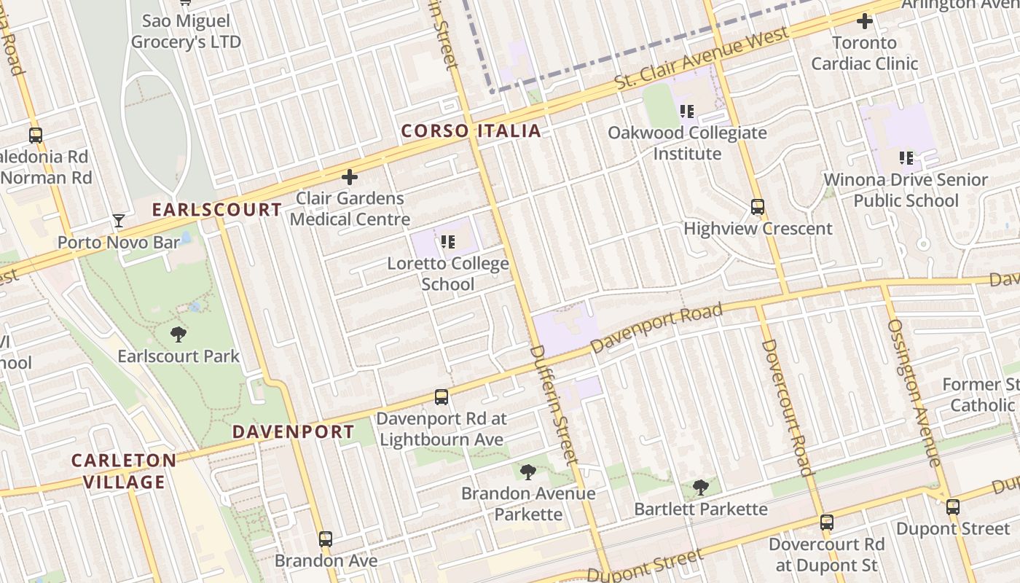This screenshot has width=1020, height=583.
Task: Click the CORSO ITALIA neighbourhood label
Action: tap(471, 131)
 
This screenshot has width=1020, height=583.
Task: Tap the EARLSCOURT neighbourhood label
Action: tap(216, 210)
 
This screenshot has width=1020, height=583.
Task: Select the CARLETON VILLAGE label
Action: tap(124, 471)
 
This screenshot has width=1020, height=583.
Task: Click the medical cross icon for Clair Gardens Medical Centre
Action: tap(350, 177)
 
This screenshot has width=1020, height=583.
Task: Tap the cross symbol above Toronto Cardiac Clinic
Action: tap(865, 22)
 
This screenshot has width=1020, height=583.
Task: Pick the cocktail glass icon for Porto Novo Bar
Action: tap(119, 221)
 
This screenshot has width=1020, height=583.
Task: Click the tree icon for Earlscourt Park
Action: tap(178, 334)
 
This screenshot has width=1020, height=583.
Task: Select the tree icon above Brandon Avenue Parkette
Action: tap(527, 472)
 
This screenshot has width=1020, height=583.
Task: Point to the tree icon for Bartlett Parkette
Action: tap(701, 487)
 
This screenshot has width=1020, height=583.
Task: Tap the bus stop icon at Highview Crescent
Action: tap(758, 207)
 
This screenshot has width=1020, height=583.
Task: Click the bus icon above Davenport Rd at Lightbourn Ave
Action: tap(442, 397)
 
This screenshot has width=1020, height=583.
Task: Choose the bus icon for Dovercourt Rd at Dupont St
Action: tap(826, 523)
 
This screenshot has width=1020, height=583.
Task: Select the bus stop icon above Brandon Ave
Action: tap(326, 539)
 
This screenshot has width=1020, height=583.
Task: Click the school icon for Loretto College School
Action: tap(447, 241)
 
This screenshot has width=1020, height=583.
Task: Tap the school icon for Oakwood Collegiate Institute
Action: tap(687, 111)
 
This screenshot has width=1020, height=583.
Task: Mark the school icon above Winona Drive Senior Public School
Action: tap(906, 157)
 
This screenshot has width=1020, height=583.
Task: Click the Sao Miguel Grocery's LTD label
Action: tap(186, 31)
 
